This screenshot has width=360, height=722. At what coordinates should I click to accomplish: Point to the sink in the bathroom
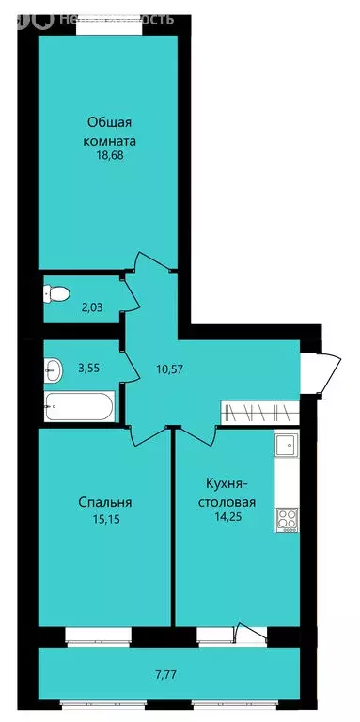coord(54,369)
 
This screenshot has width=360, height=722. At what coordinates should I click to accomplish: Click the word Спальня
coord(105,501)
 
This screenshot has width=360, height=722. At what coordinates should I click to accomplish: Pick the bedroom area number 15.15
coord(105,516)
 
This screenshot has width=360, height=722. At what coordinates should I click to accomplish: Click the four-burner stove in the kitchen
coord(286,519)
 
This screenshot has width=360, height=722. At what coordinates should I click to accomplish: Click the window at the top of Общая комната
coord(103,29)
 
